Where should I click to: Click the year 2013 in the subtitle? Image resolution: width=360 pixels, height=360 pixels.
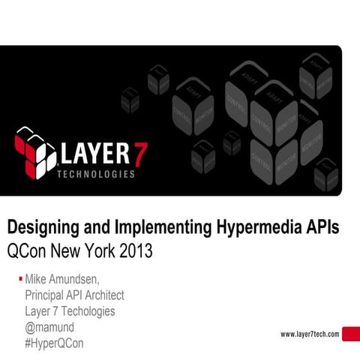tap(135, 250)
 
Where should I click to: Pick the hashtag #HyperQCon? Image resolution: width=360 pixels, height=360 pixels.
tap(54, 343)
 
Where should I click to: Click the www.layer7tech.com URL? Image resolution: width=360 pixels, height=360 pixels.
tap(310, 334)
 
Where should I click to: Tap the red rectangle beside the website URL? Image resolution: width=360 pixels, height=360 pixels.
tap(350, 334)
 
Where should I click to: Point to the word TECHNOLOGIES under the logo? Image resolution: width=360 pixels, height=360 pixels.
tap(96, 174)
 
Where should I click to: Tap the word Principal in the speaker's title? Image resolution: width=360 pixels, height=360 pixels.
tap(49, 295)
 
